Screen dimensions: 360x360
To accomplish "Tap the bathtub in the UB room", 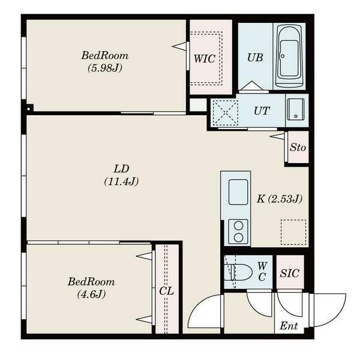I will [x=289, y=57].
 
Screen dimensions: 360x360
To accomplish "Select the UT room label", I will [x=261, y=111].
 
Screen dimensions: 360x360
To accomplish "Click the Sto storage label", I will [x=298, y=148].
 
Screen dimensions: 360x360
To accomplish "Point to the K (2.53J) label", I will [x=279, y=199].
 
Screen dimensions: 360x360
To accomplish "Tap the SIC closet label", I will [x=290, y=273].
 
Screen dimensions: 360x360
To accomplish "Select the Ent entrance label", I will [x=290, y=327].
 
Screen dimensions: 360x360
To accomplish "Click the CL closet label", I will [x=166, y=291].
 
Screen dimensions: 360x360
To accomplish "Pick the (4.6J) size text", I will [x=91, y=294].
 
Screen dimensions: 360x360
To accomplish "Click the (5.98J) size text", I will [x=105, y=68].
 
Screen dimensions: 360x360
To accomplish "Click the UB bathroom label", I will [x=254, y=58].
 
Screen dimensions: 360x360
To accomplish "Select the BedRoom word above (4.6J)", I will [x=91, y=281].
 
